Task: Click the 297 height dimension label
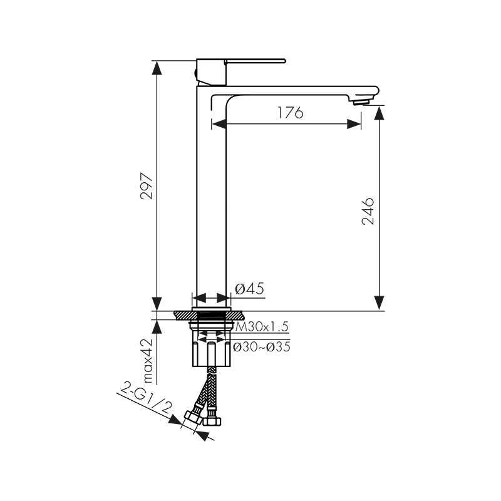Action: [x=147, y=186]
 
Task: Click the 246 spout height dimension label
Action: [x=368, y=212]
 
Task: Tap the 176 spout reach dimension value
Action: [x=290, y=113]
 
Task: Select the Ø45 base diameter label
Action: [x=249, y=289]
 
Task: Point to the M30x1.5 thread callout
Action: [x=262, y=326]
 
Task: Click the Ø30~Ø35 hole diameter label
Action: [x=262, y=347]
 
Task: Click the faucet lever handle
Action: [x=255, y=61]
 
